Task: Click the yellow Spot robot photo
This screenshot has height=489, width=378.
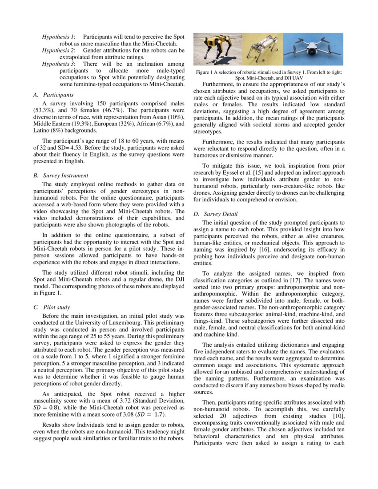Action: (x=217, y=49)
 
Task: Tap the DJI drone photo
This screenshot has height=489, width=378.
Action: (x=313, y=49)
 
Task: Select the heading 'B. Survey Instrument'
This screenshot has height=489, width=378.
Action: (x=60, y=176)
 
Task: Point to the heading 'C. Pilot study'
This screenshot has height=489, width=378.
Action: (x=52, y=307)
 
